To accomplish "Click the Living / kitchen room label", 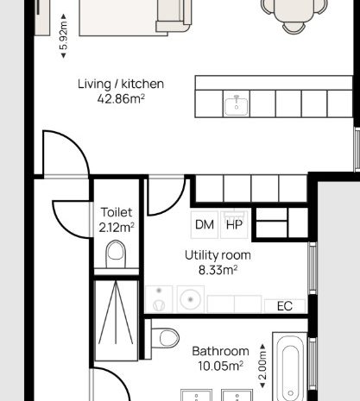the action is pos(121,84).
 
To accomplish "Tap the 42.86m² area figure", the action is pos(121,99).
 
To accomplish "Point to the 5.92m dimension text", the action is pos(64,36).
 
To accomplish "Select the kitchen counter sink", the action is pos(237,105).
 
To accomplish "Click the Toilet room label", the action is pos(117,212).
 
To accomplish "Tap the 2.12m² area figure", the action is pos(117,228).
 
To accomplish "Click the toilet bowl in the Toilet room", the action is pos(116,254).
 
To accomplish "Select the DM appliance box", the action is pos(205,225).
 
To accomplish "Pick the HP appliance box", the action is pos(234,225).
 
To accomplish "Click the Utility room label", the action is pos(218,255).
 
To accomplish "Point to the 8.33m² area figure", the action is pos(218,270).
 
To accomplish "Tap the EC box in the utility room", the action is pos(285,306).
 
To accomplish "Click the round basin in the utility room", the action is pos(191,299).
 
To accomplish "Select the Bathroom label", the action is pos(220,351).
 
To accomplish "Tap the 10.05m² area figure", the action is pos(220,367).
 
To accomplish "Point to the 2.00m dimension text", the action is pos(262,366).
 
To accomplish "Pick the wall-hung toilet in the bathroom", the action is pos(165,338).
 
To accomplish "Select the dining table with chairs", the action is pos(294,15).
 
